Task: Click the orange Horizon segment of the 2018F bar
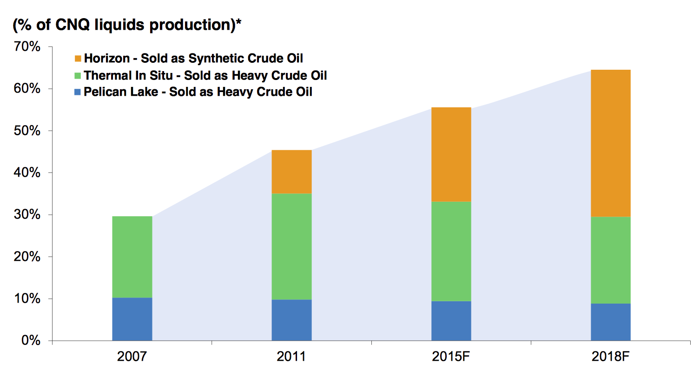tap(610, 143)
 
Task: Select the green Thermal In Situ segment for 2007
tap(132, 257)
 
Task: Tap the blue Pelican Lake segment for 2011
tap(291, 320)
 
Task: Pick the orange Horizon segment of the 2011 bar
tap(291, 172)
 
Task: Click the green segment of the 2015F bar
tap(451, 251)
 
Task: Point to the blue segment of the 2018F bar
tap(610, 322)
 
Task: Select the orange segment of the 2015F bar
tap(451, 154)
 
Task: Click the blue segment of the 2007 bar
tap(132, 319)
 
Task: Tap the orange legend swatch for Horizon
tap(78, 59)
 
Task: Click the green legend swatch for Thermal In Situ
tap(78, 75)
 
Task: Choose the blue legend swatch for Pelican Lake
tap(78, 92)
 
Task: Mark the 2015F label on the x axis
tap(451, 357)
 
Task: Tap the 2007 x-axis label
tap(132, 357)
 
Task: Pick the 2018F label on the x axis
tap(610, 357)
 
